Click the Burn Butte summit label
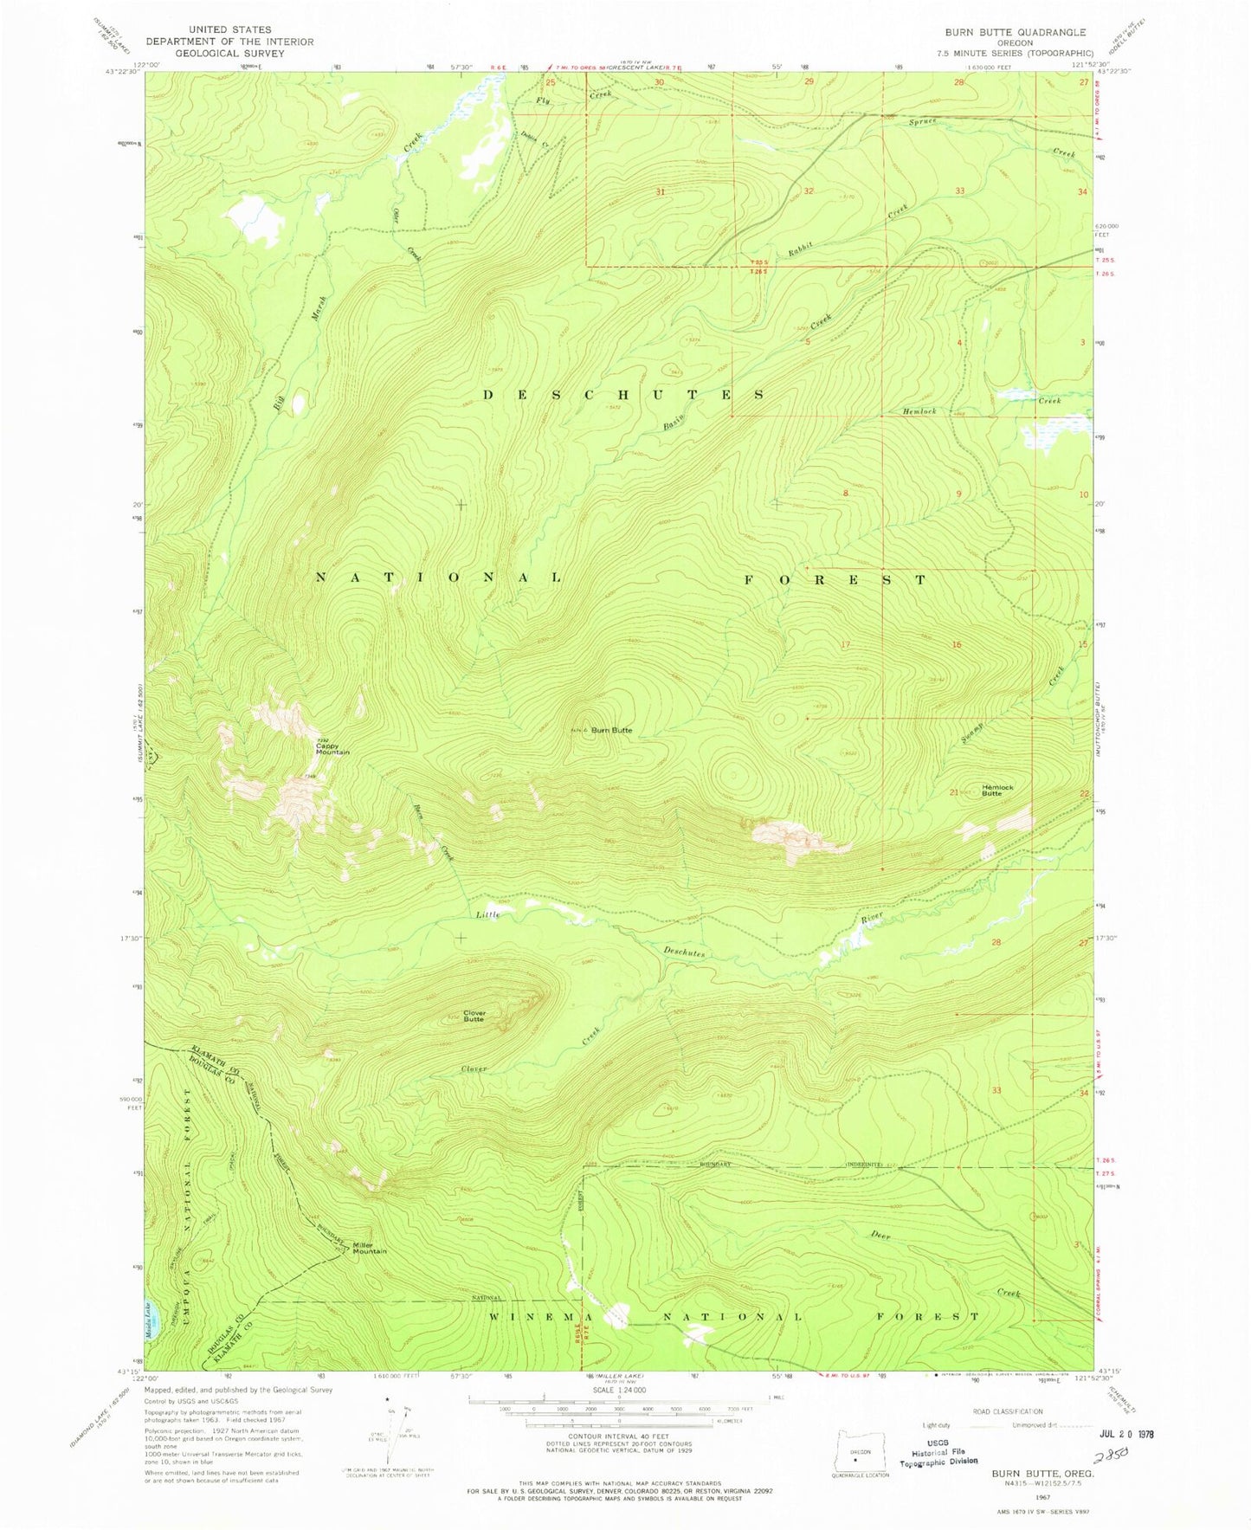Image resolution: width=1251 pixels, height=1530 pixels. [x=611, y=730]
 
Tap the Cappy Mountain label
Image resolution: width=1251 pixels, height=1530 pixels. [x=332, y=749]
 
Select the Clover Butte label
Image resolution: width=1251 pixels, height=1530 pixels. [x=474, y=1016]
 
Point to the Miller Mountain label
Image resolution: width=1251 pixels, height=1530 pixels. [x=369, y=1249]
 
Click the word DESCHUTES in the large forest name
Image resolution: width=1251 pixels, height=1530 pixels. [x=622, y=394]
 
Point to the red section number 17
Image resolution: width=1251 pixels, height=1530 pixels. [x=845, y=645]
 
